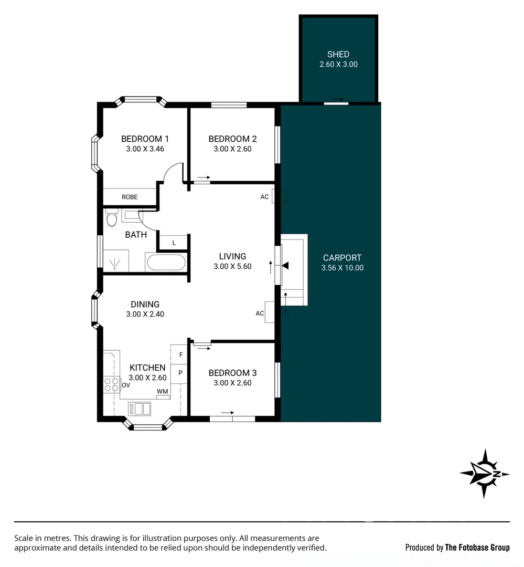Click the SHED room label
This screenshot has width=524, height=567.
tap(338, 54)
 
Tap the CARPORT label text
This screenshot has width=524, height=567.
tap(342, 258)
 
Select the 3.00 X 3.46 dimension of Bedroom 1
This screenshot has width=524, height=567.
tap(145, 149)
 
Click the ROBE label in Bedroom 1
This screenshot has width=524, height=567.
tap(130, 197)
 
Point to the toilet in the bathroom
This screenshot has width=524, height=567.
tap(111, 217)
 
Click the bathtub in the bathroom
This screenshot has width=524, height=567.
tap(165, 262)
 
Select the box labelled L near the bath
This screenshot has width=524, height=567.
tap(174, 243)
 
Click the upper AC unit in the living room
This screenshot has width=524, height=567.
tap(279, 196)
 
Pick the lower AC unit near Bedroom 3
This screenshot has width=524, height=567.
tap(270, 312)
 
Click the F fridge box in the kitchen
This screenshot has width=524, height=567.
tap(180, 354)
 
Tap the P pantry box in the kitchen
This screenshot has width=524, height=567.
tap(180, 373)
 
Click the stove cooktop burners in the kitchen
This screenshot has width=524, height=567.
tap(111, 385)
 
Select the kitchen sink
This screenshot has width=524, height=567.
tap(140, 408)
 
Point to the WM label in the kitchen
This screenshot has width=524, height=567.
tap(162, 392)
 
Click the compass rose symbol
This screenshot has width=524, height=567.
tap(484, 474)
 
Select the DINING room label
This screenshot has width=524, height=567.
tap(145, 304)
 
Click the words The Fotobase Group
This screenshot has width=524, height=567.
tap(477, 548)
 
